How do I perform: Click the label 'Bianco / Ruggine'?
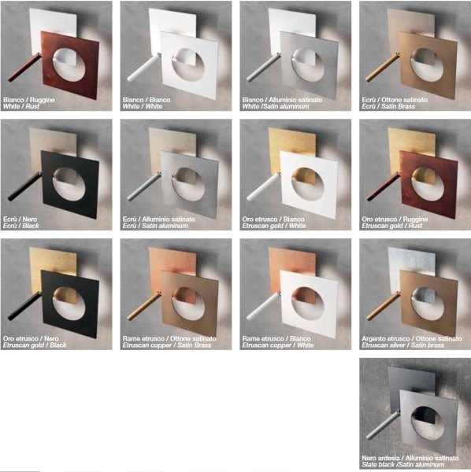[29, 100]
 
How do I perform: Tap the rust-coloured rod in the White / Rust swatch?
[24, 68]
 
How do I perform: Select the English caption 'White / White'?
[143, 106]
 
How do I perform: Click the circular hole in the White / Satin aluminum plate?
[308, 65]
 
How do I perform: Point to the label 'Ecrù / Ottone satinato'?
[395, 100]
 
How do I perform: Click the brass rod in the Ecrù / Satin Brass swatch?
[383, 68]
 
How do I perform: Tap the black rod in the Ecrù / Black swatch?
[24, 186]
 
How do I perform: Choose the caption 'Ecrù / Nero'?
[20, 219]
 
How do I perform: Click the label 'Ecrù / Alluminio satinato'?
[159, 219]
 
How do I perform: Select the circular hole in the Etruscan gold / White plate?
[308, 184]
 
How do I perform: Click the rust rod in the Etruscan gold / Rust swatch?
[383, 186]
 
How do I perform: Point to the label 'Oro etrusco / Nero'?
[31, 338]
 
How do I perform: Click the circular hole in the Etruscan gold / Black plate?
[69, 304]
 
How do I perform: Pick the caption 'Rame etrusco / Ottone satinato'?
[169, 338]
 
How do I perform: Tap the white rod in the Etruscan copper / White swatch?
[263, 306]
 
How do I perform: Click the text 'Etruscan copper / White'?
[278, 345]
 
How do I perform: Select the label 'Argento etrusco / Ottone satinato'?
[412, 338]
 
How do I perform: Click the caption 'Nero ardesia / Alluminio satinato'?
[410, 458]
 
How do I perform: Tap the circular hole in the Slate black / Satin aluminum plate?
[428, 423]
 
